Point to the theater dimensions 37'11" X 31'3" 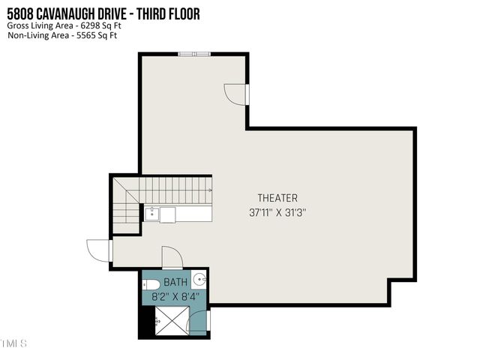point(277,212)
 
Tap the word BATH point(175,283)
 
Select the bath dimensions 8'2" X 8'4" point(175,296)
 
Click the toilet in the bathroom point(150,284)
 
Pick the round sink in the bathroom point(199,280)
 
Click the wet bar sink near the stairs point(152,214)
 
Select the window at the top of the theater point(194,54)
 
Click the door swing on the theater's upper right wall point(236,94)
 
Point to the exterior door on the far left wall point(98,250)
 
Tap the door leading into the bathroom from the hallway point(172,257)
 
